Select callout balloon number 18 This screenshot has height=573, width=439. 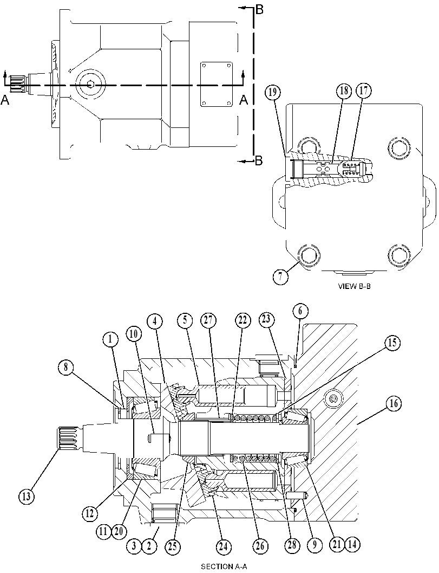(344, 91)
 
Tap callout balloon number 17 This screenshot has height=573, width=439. (363, 91)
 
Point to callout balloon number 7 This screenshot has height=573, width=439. (280, 276)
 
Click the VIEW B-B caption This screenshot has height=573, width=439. (354, 286)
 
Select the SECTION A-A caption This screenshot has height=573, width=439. (225, 567)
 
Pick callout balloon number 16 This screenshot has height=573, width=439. (394, 404)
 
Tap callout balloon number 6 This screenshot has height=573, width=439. (300, 311)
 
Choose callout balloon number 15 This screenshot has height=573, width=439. (392, 343)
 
